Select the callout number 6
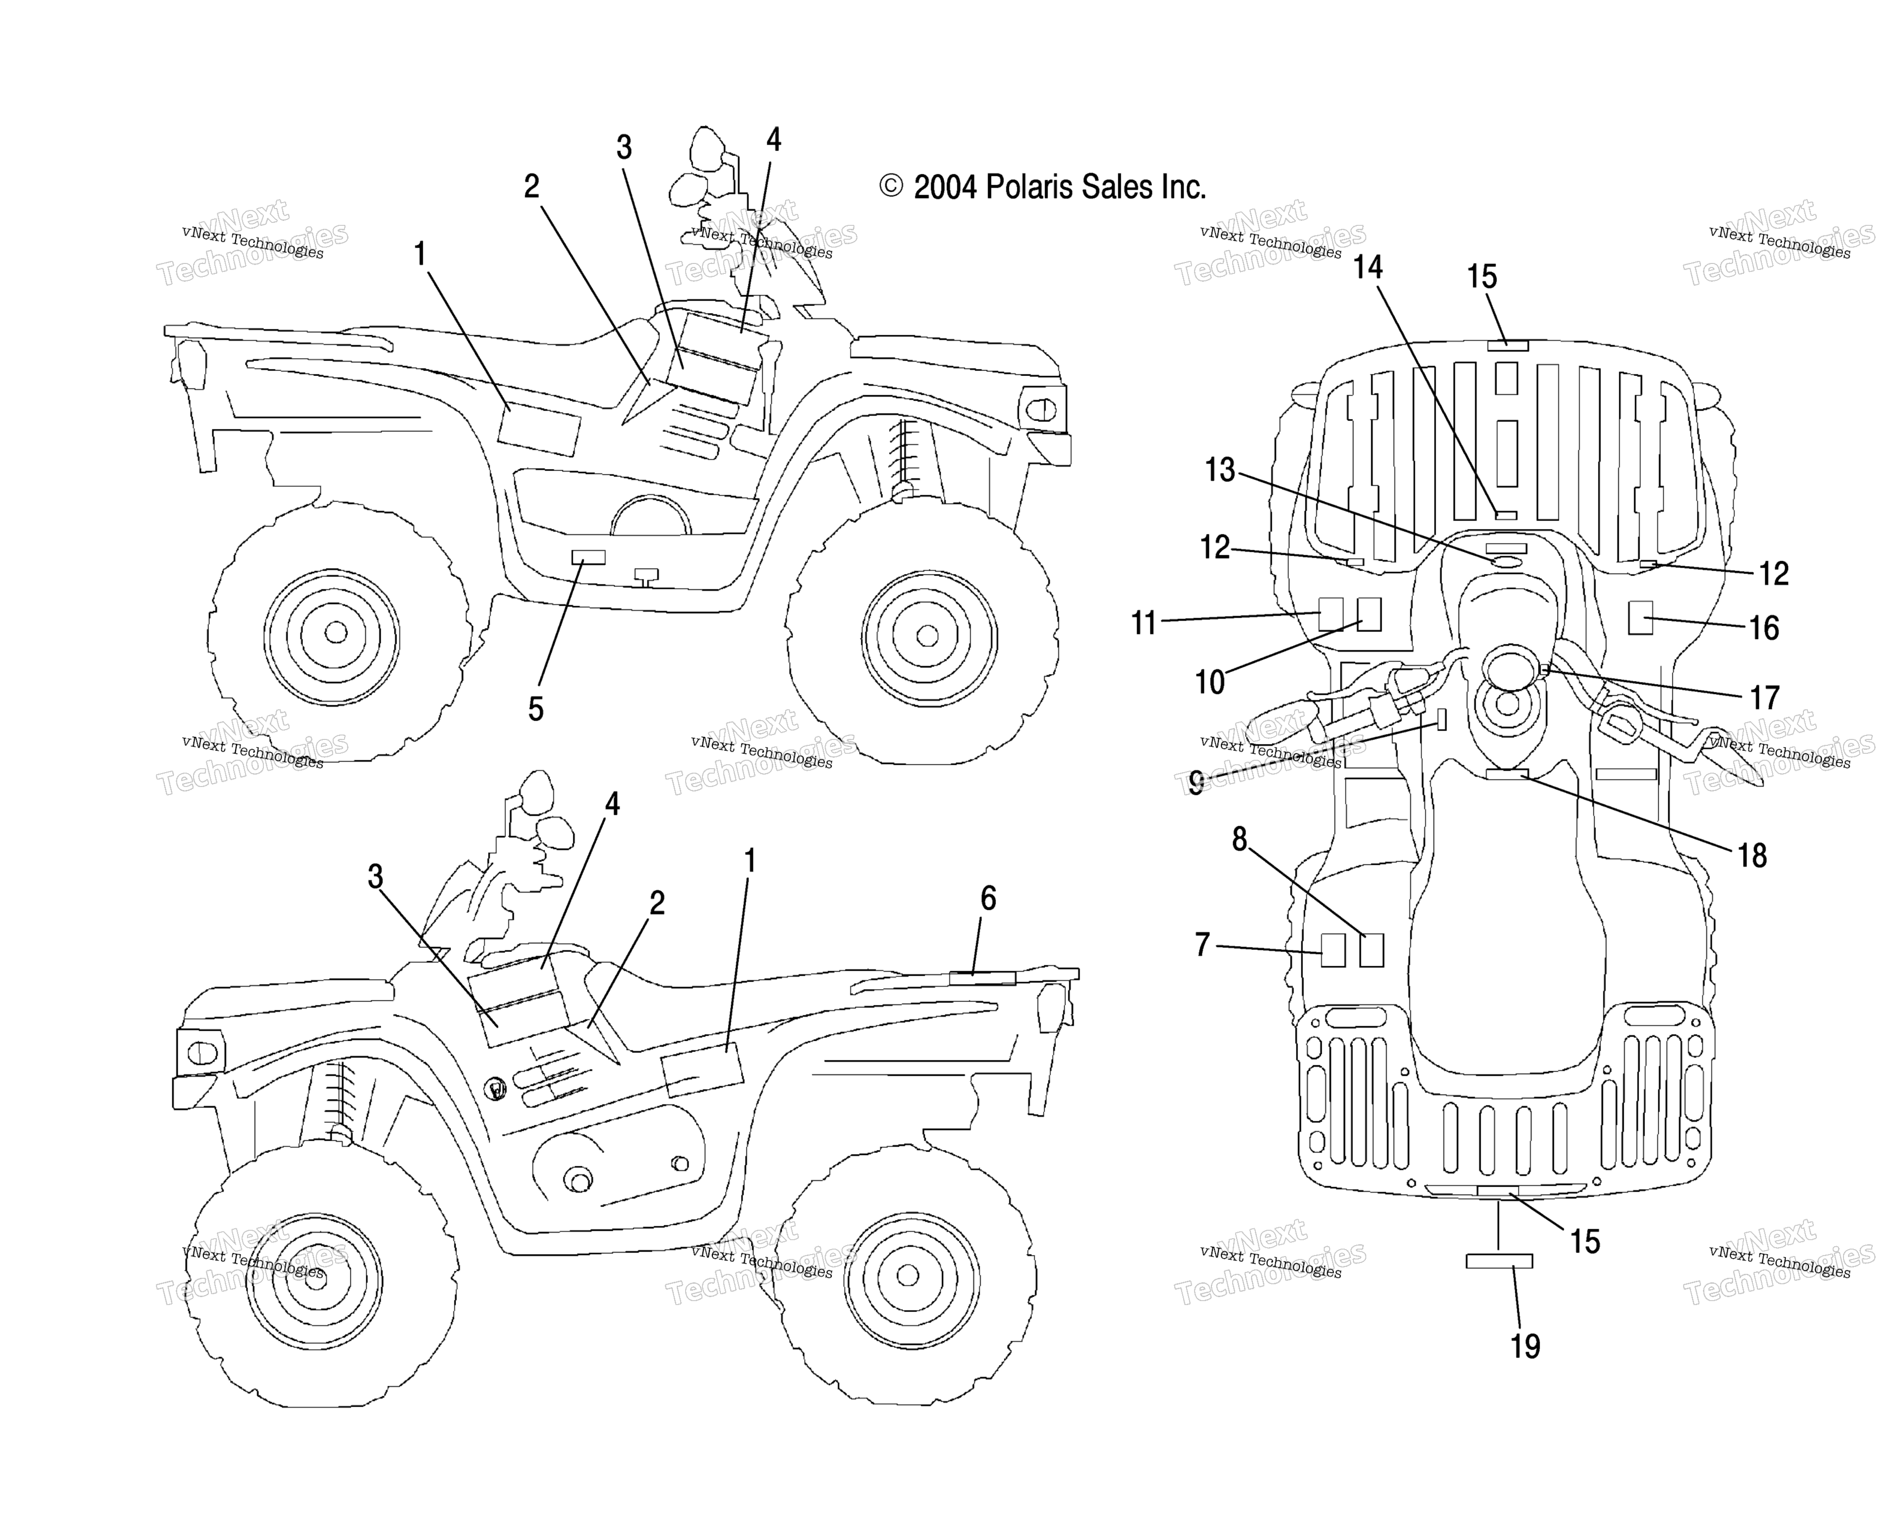tap(988, 898)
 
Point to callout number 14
tap(1368, 267)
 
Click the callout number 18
tap(1752, 855)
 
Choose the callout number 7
tap(1202, 945)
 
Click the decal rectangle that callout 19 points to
tap(1499, 1261)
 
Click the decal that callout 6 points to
tap(982, 978)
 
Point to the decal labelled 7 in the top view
tap(1334, 950)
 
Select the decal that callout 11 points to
tap(1331, 614)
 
